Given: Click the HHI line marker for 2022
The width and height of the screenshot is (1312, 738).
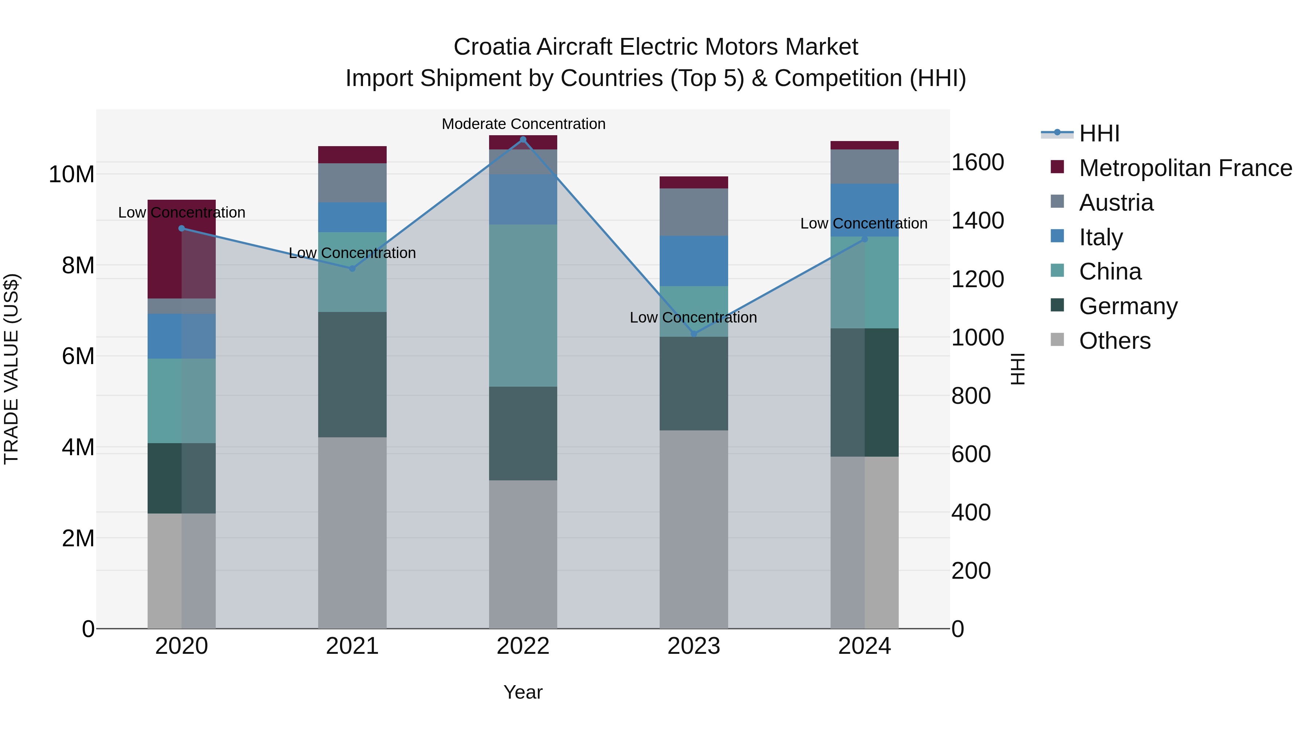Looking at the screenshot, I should (523, 140).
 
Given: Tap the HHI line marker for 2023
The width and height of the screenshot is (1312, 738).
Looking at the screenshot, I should (694, 334).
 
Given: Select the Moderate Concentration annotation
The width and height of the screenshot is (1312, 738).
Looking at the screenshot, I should (523, 124).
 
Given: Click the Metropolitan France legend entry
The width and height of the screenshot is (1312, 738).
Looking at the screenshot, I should (1185, 168).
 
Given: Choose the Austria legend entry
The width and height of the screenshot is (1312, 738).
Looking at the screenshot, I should (1116, 203).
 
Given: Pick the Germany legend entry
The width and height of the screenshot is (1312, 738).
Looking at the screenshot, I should (1128, 306).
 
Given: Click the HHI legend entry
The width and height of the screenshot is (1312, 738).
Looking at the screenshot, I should (1099, 133).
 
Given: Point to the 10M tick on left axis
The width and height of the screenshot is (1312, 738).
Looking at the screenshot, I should (71, 174).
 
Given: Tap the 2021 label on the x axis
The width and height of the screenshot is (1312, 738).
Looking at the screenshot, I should (352, 646).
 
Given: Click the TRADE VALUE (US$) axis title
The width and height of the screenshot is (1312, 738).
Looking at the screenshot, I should (11, 369).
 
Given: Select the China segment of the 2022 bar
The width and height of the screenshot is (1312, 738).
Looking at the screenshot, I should (523, 306).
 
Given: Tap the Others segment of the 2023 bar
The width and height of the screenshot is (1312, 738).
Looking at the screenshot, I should (694, 530).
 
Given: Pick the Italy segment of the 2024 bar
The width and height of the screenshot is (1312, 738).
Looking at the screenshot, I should (864, 210).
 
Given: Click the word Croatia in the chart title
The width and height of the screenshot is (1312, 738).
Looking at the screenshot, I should (492, 47).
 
